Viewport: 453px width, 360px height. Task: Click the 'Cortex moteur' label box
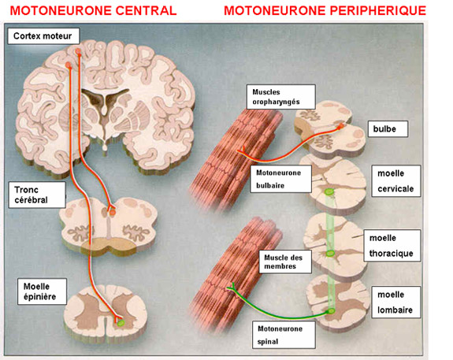(43, 36)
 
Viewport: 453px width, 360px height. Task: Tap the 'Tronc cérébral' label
(37, 195)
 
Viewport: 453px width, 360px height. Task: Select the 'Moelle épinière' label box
(42, 291)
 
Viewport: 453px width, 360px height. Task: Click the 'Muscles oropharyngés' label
(280, 97)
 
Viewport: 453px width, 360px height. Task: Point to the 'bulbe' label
(388, 129)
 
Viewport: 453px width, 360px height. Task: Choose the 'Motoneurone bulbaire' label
(280, 179)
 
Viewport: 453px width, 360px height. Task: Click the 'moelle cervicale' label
(396, 181)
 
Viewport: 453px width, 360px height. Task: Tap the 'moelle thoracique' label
(392, 246)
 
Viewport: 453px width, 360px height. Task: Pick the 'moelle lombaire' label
(396, 302)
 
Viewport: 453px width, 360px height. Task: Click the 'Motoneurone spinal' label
(284, 335)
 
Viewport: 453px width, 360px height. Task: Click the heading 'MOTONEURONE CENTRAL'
(93, 11)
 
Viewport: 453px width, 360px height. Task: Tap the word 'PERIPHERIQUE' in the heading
(378, 11)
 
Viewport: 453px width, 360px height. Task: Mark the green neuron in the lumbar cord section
(331, 311)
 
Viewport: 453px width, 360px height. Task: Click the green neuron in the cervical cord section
(329, 191)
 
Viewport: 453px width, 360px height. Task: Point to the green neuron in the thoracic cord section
(330, 254)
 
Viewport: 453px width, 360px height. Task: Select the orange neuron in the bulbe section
(341, 126)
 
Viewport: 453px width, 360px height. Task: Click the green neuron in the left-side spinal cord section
(121, 322)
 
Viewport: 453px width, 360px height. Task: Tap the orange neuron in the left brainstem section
(112, 213)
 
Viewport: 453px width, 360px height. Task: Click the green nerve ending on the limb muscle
(232, 287)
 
